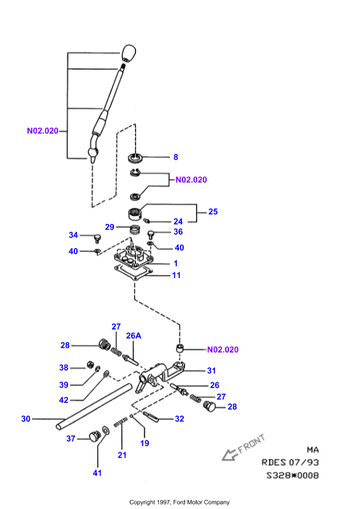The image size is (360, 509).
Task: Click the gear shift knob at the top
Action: pyautogui.click(x=128, y=53)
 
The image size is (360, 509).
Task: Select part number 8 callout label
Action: pyautogui.click(x=176, y=157)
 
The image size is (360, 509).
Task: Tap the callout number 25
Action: pyautogui.click(x=213, y=212)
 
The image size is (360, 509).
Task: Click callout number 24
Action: pyautogui.click(x=178, y=221)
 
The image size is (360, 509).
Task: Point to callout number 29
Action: pyautogui.click(x=110, y=227)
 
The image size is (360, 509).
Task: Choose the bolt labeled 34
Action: pyautogui.click(x=97, y=238)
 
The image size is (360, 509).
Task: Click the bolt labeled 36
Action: pyautogui.click(x=151, y=234)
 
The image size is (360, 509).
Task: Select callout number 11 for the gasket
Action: pyautogui.click(x=176, y=275)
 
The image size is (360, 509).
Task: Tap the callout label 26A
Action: pyautogui.click(x=134, y=335)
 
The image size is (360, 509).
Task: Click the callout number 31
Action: pyautogui.click(x=211, y=370)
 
